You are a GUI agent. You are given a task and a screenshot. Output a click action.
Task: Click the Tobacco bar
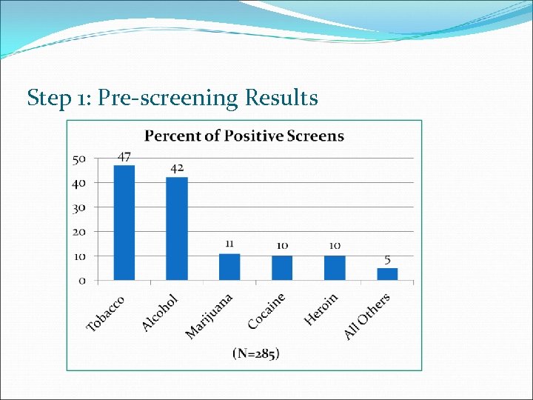(124, 223)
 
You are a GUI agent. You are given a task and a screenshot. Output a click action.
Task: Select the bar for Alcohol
(177, 229)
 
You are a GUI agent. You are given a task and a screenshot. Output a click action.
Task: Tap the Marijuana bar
(229, 267)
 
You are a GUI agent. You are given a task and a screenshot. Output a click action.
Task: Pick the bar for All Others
(387, 274)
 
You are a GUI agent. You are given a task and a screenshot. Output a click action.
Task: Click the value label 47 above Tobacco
(124, 157)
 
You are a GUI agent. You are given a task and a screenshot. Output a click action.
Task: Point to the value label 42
(177, 168)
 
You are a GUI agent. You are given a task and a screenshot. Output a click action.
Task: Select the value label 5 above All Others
(387, 259)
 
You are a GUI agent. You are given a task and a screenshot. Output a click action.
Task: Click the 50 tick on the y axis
(79, 159)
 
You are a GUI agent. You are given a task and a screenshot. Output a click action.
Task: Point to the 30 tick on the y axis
(79, 207)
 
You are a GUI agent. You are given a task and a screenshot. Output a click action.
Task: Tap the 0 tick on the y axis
(82, 281)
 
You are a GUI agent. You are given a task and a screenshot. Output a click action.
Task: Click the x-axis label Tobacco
(106, 313)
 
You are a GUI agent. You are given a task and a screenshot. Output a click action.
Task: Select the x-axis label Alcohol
(160, 313)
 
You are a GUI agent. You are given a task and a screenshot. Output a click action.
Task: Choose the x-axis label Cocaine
(266, 311)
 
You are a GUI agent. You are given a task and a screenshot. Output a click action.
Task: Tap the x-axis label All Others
(366, 316)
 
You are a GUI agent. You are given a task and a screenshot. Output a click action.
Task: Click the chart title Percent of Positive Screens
(244, 136)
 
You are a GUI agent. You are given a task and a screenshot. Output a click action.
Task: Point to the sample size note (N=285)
(256, 353)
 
